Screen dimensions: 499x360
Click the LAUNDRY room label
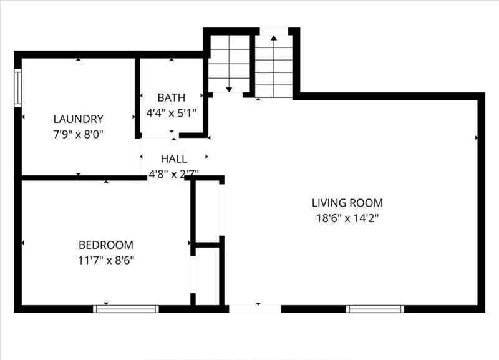pyautogui.click(x=79, y=119)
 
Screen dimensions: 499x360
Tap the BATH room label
pyautogui.click(x=171, y=98)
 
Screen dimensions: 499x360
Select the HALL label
pyautogui.click(x=174, y=158)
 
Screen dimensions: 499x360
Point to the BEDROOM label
pyautogui.click(x=106, y=245)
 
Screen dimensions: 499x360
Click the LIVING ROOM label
pyautogui.click(x=347, y=203)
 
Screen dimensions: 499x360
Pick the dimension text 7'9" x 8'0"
pyautogui.click(x=79, y=134)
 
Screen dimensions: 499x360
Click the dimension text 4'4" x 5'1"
pyautogui.click(x=171, y=113)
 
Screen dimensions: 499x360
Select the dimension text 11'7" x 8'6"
pyautogui.click(x=106, y=260)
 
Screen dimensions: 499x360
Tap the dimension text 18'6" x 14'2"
pyautogui.click(x=347, y=218)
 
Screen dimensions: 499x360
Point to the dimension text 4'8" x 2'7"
pyautogui.click(x=174, y=173)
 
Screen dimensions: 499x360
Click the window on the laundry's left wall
pyautogui.click(x=18, y=88)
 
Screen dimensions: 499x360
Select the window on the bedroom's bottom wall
pyautogui.click(x=126, y=309)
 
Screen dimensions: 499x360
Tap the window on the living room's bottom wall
pyautogui.click(x=375, y=309)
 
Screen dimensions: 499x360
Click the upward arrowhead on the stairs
pyautogui.click(x=274, y=38)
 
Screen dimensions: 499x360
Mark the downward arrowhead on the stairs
pyautogui.click(x=229, y=90)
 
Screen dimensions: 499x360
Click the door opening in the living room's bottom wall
pyautogui.click(x=255, y=309)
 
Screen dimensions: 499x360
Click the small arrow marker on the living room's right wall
pyautogui.click(x=477, y=138)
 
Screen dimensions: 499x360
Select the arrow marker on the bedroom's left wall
pyautogui.click(x=23, y=243)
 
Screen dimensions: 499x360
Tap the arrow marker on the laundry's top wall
pyautogui.click(x=79, y=59)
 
